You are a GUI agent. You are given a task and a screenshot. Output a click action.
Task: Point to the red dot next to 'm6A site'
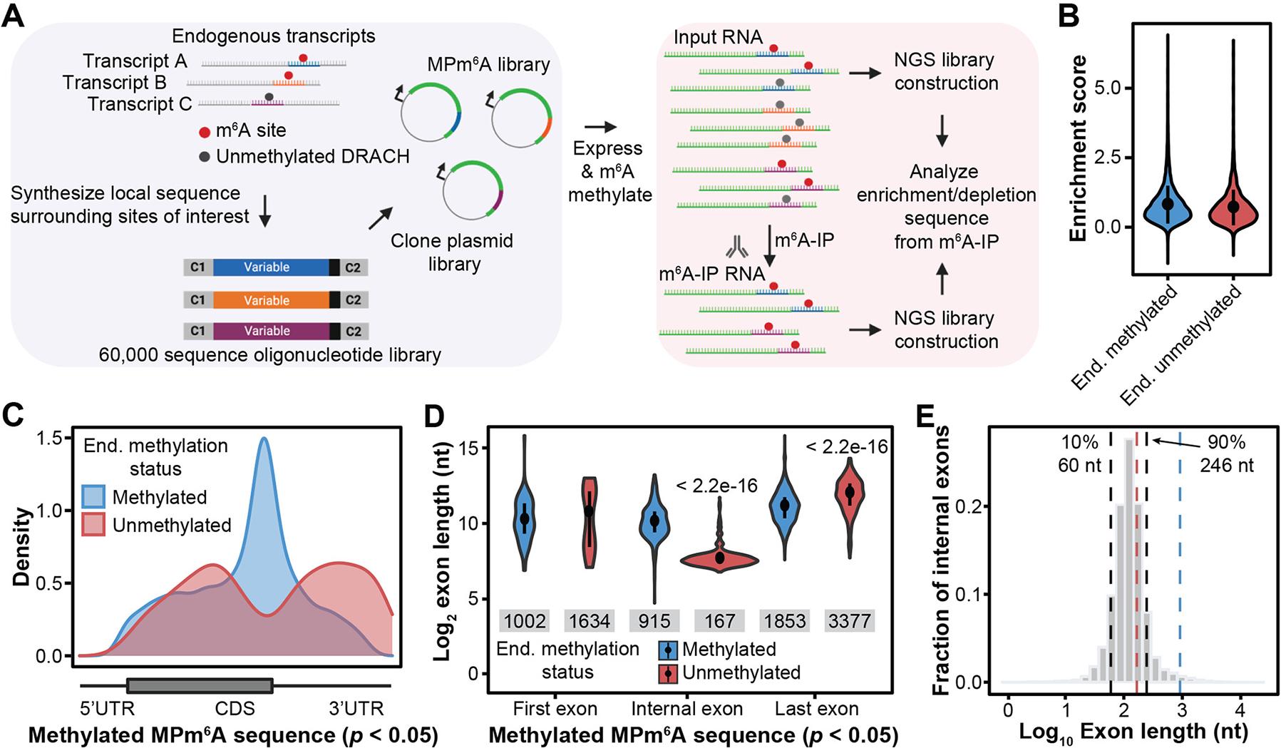click(x=205, y=132)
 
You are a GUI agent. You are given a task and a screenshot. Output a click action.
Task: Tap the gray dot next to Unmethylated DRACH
click(x=205, y=157)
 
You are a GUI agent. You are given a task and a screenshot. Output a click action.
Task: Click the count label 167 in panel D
click(x=719, y=621)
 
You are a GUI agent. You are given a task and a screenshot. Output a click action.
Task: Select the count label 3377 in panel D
click(x=849, y=621)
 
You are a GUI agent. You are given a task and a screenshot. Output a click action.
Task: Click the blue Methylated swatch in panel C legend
click(x=94, y=497)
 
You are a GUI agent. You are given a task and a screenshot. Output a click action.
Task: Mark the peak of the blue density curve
click(x=264, y=439)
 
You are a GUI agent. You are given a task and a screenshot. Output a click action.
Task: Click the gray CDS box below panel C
click(x=200, y=686)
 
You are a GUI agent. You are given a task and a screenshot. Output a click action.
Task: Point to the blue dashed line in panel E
click(x=1180, y=570)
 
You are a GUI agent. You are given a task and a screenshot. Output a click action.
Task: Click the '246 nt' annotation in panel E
click(x=1226, y=466)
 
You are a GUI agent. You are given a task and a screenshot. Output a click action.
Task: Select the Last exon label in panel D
click(x=816, y=709)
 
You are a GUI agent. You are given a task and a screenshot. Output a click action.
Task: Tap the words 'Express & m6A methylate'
click(x=609, y=171)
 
